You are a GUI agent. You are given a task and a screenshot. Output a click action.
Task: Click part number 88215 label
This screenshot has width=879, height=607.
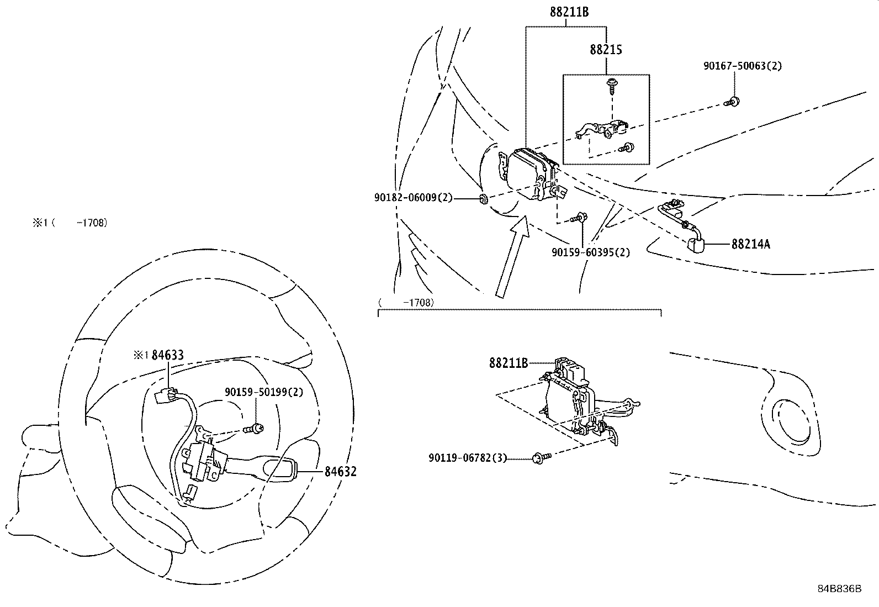pos(606,50)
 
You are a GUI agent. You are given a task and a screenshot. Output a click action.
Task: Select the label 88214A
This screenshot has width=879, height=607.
pos(750,244)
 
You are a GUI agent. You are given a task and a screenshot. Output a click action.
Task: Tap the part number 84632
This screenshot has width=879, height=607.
pos(340,472)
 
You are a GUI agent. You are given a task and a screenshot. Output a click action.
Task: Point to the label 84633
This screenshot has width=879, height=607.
pos(167,355)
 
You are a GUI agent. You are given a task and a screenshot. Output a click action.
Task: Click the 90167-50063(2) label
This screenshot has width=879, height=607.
pos(743,66)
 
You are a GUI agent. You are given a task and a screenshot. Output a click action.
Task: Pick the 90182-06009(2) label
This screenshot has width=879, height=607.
pos(413,197)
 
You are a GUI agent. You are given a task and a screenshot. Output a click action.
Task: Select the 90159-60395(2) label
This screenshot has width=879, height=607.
pos(590,252)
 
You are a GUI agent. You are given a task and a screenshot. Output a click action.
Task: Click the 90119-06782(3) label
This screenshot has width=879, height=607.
pos(468,458)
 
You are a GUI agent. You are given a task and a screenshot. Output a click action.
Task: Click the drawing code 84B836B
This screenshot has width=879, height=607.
pos(839,588)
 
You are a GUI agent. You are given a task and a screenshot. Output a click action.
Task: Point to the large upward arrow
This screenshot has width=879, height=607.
pos(511,257)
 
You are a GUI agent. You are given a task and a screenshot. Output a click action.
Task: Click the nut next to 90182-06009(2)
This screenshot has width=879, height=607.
pos(483,199)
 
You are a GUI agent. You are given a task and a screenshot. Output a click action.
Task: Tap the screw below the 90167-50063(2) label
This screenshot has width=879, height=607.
pos(733,102)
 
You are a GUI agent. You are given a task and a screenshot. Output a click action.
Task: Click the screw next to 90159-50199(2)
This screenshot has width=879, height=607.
pos(255,427)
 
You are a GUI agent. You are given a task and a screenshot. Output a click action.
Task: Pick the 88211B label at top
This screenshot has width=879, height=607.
pos(569,11)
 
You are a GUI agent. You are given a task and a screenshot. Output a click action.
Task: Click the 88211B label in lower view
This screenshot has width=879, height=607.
pos(508,363)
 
